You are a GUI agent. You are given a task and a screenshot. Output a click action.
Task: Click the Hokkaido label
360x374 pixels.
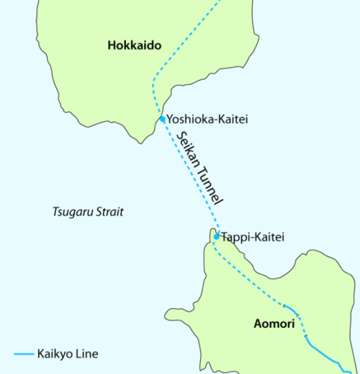point(135,46)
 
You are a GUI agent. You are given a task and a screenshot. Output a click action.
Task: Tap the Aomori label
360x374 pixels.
point(274,324)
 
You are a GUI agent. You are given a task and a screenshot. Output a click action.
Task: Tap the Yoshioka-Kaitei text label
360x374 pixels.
point(207,120)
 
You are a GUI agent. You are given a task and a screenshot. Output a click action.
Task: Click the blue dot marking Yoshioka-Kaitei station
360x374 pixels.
point(163,119)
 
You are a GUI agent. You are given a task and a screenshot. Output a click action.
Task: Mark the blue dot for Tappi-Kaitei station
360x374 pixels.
point(216,236)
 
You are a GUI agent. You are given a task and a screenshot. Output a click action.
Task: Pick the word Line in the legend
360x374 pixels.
point(87,355)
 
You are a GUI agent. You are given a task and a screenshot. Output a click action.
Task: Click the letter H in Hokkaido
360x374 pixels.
point(112,46)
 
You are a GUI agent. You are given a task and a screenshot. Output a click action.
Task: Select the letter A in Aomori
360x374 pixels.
point(258,324)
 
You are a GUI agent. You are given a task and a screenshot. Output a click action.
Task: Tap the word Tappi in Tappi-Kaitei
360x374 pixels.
point(236,236)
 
